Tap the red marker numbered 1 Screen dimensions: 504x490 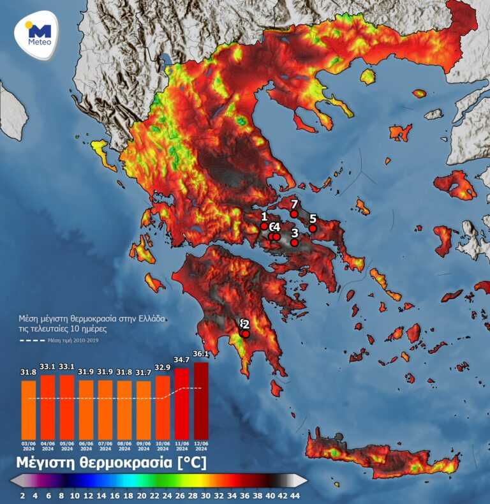[264, 226]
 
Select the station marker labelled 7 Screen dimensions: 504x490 [293, 214]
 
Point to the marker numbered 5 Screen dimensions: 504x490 [313, 228]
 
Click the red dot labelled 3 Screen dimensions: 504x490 [294, 242]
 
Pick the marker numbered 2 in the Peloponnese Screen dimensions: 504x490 [246, 334]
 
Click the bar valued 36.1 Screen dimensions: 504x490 [201, 400]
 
